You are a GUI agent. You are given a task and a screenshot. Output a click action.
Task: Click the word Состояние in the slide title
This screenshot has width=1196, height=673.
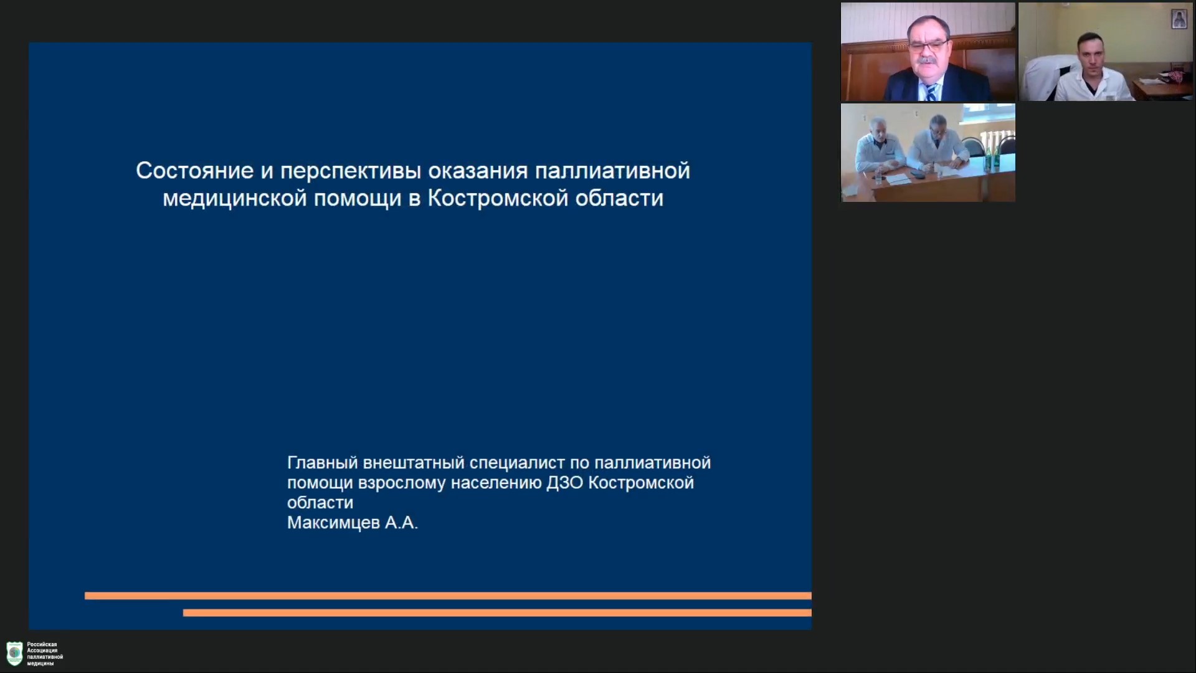194,171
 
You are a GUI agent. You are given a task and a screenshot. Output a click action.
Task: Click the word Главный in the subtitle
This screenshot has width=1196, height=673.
322,463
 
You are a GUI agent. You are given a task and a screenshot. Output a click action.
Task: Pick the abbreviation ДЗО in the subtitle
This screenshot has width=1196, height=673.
565,484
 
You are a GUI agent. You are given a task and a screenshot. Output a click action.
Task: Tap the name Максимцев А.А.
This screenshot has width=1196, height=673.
352,523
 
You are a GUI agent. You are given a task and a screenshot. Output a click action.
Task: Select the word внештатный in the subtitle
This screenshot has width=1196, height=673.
414,463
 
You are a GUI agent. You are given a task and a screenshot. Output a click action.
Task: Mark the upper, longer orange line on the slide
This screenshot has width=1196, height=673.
448,596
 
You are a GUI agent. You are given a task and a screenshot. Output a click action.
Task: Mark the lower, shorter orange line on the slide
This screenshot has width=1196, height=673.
497,613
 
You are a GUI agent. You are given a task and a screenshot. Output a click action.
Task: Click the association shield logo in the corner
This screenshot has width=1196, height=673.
14,653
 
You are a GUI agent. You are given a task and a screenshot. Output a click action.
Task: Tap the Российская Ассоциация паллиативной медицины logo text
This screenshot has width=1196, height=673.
45,654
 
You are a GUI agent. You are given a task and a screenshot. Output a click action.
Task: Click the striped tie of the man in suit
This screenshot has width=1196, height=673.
930,92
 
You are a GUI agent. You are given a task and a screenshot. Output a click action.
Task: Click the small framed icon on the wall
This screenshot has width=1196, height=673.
1179,19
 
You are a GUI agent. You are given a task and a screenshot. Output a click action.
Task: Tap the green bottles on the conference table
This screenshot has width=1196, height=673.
991,156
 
